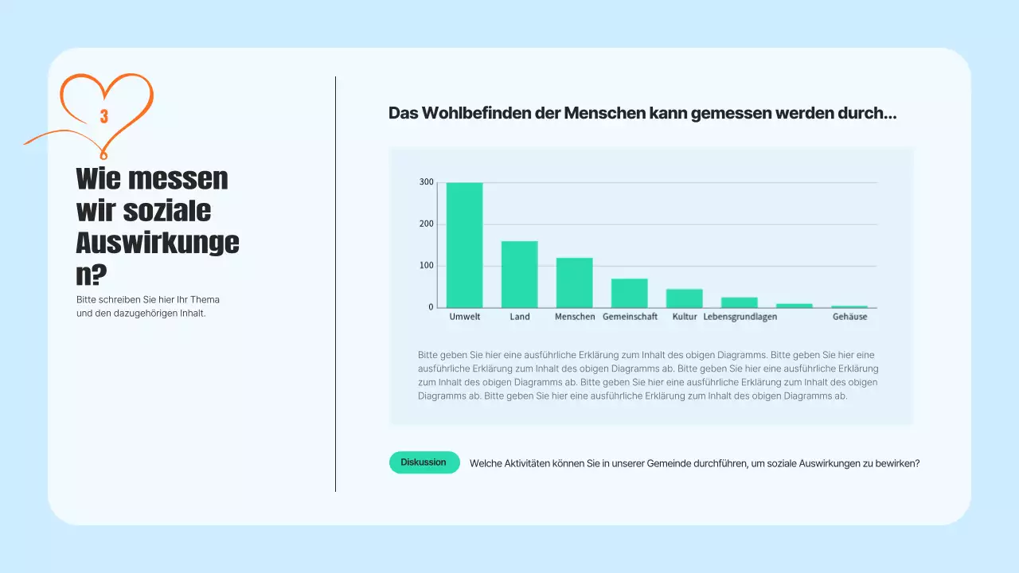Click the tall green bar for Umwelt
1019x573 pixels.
pyautogui.click(x=464, y=245)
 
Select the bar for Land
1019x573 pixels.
pyautogui.click(x=519, y=275)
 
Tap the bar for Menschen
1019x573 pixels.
pyautogui.click(x=574, y=283)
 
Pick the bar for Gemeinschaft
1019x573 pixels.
pyautogui.click(x=629, y=293)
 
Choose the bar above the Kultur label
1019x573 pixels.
pyautogui.click(x=684, y=298)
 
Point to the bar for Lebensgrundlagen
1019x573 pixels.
pyautogui.click(x=739, y=302)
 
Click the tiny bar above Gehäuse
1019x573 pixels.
pyautogui.click(x=849, y=306)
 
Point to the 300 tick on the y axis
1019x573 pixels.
pyautogui.click(x=427, y=182)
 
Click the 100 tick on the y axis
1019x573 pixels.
pyautogui.click(x=427, y=266)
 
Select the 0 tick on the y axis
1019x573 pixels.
pyautogui.click(x=431, y=307)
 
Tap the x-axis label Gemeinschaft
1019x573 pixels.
pyautogui.click(x=630, y=317)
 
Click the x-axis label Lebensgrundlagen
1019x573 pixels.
pyautogui.click(x=740, y=317)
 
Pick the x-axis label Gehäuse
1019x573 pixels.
pyautogui.click(x=849, y=317)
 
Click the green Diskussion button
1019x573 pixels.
pyautogui.click(x=424, y=462)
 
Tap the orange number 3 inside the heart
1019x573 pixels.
pyautogui.click(x=103, y=116)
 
